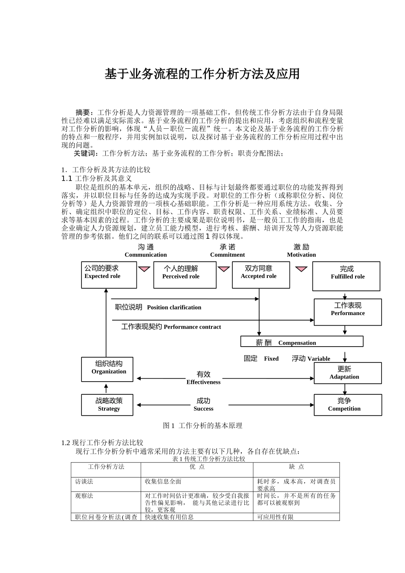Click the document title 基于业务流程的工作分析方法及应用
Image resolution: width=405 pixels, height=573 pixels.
coord(202,74)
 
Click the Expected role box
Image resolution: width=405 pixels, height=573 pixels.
coord(109,275)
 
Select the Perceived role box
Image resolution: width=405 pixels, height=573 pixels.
coord(185,275)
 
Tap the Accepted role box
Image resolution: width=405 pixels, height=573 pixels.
coord(260,275)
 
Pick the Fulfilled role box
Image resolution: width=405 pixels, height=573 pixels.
coord(346,276)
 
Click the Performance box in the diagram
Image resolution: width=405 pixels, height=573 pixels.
coord(347,312)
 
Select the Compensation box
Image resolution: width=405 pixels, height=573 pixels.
coord(301,342)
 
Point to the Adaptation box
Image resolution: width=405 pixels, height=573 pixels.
coord(347,373)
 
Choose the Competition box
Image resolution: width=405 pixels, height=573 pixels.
coord(347,404)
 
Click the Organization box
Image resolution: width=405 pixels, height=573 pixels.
coord(107,369)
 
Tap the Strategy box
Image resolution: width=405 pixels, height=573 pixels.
coord(107,405)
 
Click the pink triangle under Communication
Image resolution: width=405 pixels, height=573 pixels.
coord(145,269)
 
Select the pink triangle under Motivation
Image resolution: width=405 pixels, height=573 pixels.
coord(301,269)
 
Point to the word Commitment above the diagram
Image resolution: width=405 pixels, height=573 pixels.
coord(227,255)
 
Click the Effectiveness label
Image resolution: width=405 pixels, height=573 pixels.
coord(203,382)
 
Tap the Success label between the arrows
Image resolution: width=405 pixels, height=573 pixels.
coord(203,408)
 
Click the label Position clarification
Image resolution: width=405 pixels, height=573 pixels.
coord(174,307)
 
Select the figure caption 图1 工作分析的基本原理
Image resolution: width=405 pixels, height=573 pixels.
coord(202,425)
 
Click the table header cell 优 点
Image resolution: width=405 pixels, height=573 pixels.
coord(197,467)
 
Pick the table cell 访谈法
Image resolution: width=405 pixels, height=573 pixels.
coord(84,481)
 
